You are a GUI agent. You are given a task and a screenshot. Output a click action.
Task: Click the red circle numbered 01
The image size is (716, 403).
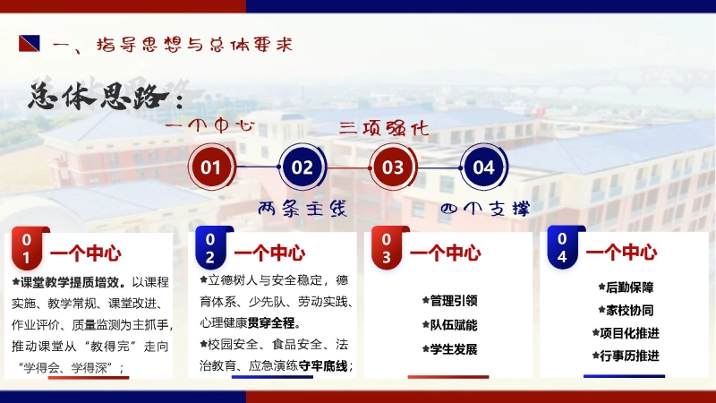211,167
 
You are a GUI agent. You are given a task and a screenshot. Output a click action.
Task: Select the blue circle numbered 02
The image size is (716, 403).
303,167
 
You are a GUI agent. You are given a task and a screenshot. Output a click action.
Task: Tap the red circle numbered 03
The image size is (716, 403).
393,167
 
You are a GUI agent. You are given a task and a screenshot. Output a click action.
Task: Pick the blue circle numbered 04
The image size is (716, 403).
483,167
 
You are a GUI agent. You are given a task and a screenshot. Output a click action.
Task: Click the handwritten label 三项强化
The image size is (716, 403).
384,128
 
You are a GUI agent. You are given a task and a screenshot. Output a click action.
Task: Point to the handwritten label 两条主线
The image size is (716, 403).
302,209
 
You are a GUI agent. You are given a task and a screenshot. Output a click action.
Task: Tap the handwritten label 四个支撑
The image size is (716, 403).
485,209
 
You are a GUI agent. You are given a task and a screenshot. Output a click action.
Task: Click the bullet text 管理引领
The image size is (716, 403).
453,301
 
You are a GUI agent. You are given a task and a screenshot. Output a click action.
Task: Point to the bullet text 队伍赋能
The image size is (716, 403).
453,325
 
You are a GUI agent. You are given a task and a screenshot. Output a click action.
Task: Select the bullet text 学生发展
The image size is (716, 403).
453,349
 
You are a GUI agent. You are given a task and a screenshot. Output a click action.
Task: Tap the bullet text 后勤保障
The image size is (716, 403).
629,288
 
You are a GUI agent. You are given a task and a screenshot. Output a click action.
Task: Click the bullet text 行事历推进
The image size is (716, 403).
629,356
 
